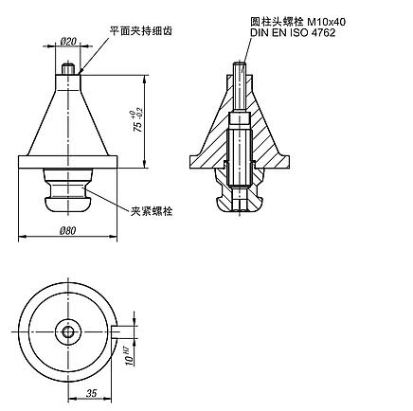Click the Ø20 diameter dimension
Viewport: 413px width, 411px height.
tap(68, 42)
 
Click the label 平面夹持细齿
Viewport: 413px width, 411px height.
tap(140, 31)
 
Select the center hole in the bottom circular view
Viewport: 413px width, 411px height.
tap(68, 331)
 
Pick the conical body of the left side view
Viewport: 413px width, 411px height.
tap(68, 118)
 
